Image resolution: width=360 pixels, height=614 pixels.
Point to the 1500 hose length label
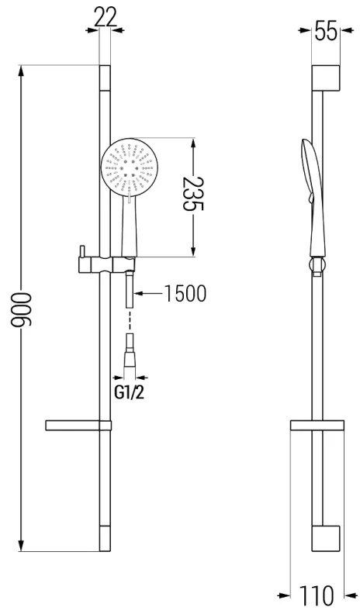click(x=184, y=293)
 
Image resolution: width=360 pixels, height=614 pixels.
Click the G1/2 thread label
click(x=130, y=392)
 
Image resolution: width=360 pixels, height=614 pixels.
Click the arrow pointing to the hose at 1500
click(x=139, y=293)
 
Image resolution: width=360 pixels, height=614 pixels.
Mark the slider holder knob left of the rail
click(x=79, y=254)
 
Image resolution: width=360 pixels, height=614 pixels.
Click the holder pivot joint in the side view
click(x=315, y=268)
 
